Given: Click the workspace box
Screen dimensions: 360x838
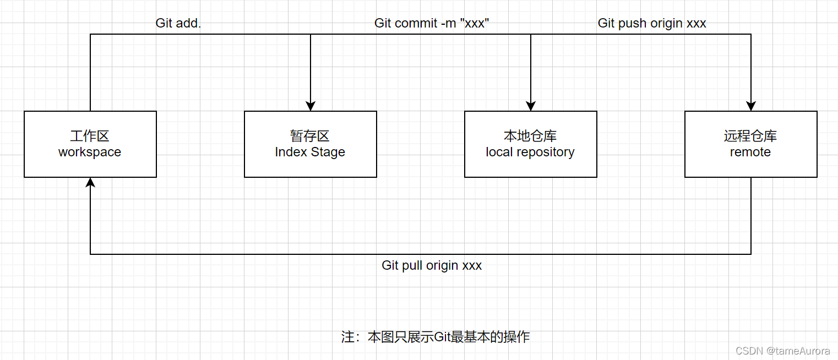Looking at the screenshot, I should [90, 144].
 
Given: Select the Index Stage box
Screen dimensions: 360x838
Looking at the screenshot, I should [311, 144].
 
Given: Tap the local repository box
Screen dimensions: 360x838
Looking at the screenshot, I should [531, 144].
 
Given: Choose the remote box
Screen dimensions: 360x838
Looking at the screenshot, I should [751, 144].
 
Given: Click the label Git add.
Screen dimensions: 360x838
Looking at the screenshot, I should [178, 23].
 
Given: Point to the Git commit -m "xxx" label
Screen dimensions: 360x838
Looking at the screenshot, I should [432, 23].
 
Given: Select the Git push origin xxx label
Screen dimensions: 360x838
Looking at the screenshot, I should [652, 23].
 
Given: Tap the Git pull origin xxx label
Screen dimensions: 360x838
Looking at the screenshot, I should [432, 265].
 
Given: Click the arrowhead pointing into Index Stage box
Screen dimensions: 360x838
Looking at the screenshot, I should [311, 106].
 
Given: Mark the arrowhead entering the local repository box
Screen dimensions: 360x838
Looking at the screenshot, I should [531, 106].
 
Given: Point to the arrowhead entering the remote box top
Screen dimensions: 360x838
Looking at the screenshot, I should [751, 106].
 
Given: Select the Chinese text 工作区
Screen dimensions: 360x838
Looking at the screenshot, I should [90, 136].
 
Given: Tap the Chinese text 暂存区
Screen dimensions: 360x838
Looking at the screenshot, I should [310, 136].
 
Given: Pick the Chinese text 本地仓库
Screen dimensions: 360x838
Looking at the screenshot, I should [530, 136].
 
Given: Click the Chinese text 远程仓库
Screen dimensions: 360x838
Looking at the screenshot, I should [750, 136].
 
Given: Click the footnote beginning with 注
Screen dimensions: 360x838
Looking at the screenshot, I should [435, 337].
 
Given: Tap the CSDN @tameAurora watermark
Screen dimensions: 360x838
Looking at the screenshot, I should [782, 351].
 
